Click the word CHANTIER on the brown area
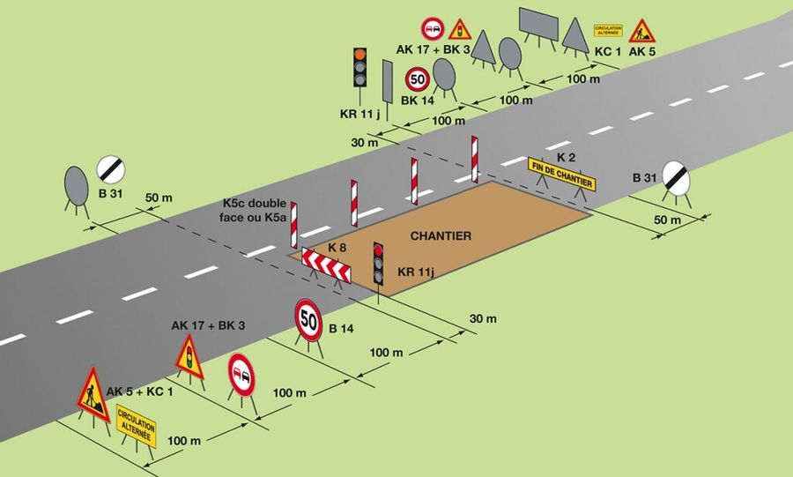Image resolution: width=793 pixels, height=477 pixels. click(x=441, y=235)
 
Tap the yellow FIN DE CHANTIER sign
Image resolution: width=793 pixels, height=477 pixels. click(x=561, y=174)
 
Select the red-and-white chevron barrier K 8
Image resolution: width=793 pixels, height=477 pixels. click(x=326, y=264)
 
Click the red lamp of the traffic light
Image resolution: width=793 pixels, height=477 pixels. click(x=378, y=250)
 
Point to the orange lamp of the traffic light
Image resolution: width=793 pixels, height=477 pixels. click(x=359, y=54)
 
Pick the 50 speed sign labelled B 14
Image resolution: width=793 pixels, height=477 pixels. click(x=308, y=320)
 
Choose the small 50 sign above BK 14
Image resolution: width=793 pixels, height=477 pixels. click(x=418, y=79)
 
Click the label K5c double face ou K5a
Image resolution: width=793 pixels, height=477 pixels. click(x=255, y=211)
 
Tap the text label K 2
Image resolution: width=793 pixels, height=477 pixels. click(x=566, y=157)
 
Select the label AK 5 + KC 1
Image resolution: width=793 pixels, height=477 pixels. click(x=139, y=391)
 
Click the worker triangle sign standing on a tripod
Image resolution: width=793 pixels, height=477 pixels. click(x=93, y=394)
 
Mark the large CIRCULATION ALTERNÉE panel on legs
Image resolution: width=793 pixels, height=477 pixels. click(x=136, y=425)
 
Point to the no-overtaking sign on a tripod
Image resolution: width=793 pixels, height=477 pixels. click(x=241, y=375)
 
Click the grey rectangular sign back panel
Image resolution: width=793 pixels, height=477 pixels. click(x=538, y=24)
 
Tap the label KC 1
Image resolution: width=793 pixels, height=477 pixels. click(x=607, y=51)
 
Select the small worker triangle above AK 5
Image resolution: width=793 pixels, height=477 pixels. click(x=641, y=32)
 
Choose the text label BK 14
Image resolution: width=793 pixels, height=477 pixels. click(x=418, y=101)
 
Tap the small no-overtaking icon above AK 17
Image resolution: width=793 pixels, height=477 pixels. click(x=433, y=29)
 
